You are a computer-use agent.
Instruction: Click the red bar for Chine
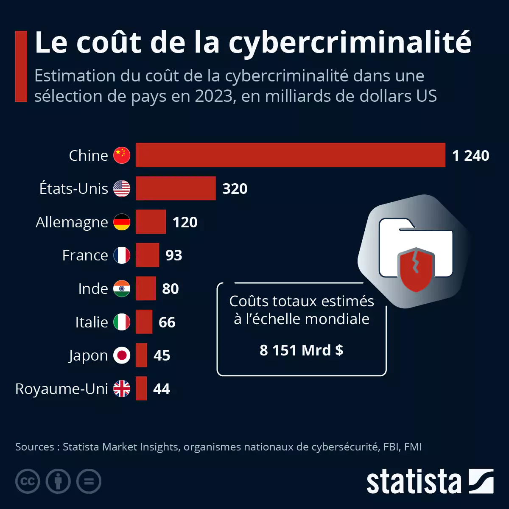pyautogui.click(x=291, y=155)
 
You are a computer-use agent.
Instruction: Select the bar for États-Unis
pyautogui.click(x=176, y=188)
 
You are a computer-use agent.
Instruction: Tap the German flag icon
pyautogui.click(x=122, y=222)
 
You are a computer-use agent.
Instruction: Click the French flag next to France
pyautogui.click(x=122, y=255)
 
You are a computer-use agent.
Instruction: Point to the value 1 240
pyautogui.click(x=470, y=156)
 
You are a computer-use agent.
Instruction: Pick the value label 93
pyautogui.click(x=174, y=255)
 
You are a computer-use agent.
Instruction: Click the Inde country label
pyautogui.click(x=93, y=289)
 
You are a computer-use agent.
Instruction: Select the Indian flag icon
pyautogui.click(x=122, y=289)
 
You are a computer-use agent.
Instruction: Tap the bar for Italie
pyautogui.click(x=144, y=322)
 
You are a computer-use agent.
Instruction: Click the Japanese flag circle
pyautogui.click(x=122, y=355)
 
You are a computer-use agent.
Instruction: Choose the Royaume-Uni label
pyautogui.click(x=62, y=389)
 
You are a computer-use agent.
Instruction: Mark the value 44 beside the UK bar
pyautogui.click(x=162, y=389)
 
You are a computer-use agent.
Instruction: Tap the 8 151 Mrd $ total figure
pyautogui.click(x=301, y=350)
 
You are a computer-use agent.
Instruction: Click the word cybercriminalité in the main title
pyautogui.click(x=350, y=42)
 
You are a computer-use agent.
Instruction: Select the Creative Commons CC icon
pyautogui.click(x=28, y=481)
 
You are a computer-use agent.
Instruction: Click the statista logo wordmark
pyautogui.click(x=414, y=482)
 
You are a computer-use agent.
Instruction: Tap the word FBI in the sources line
pyautogui.click(x=391, y=447)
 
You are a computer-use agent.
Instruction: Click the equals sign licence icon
pyautogui.click(x=89, y=481)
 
